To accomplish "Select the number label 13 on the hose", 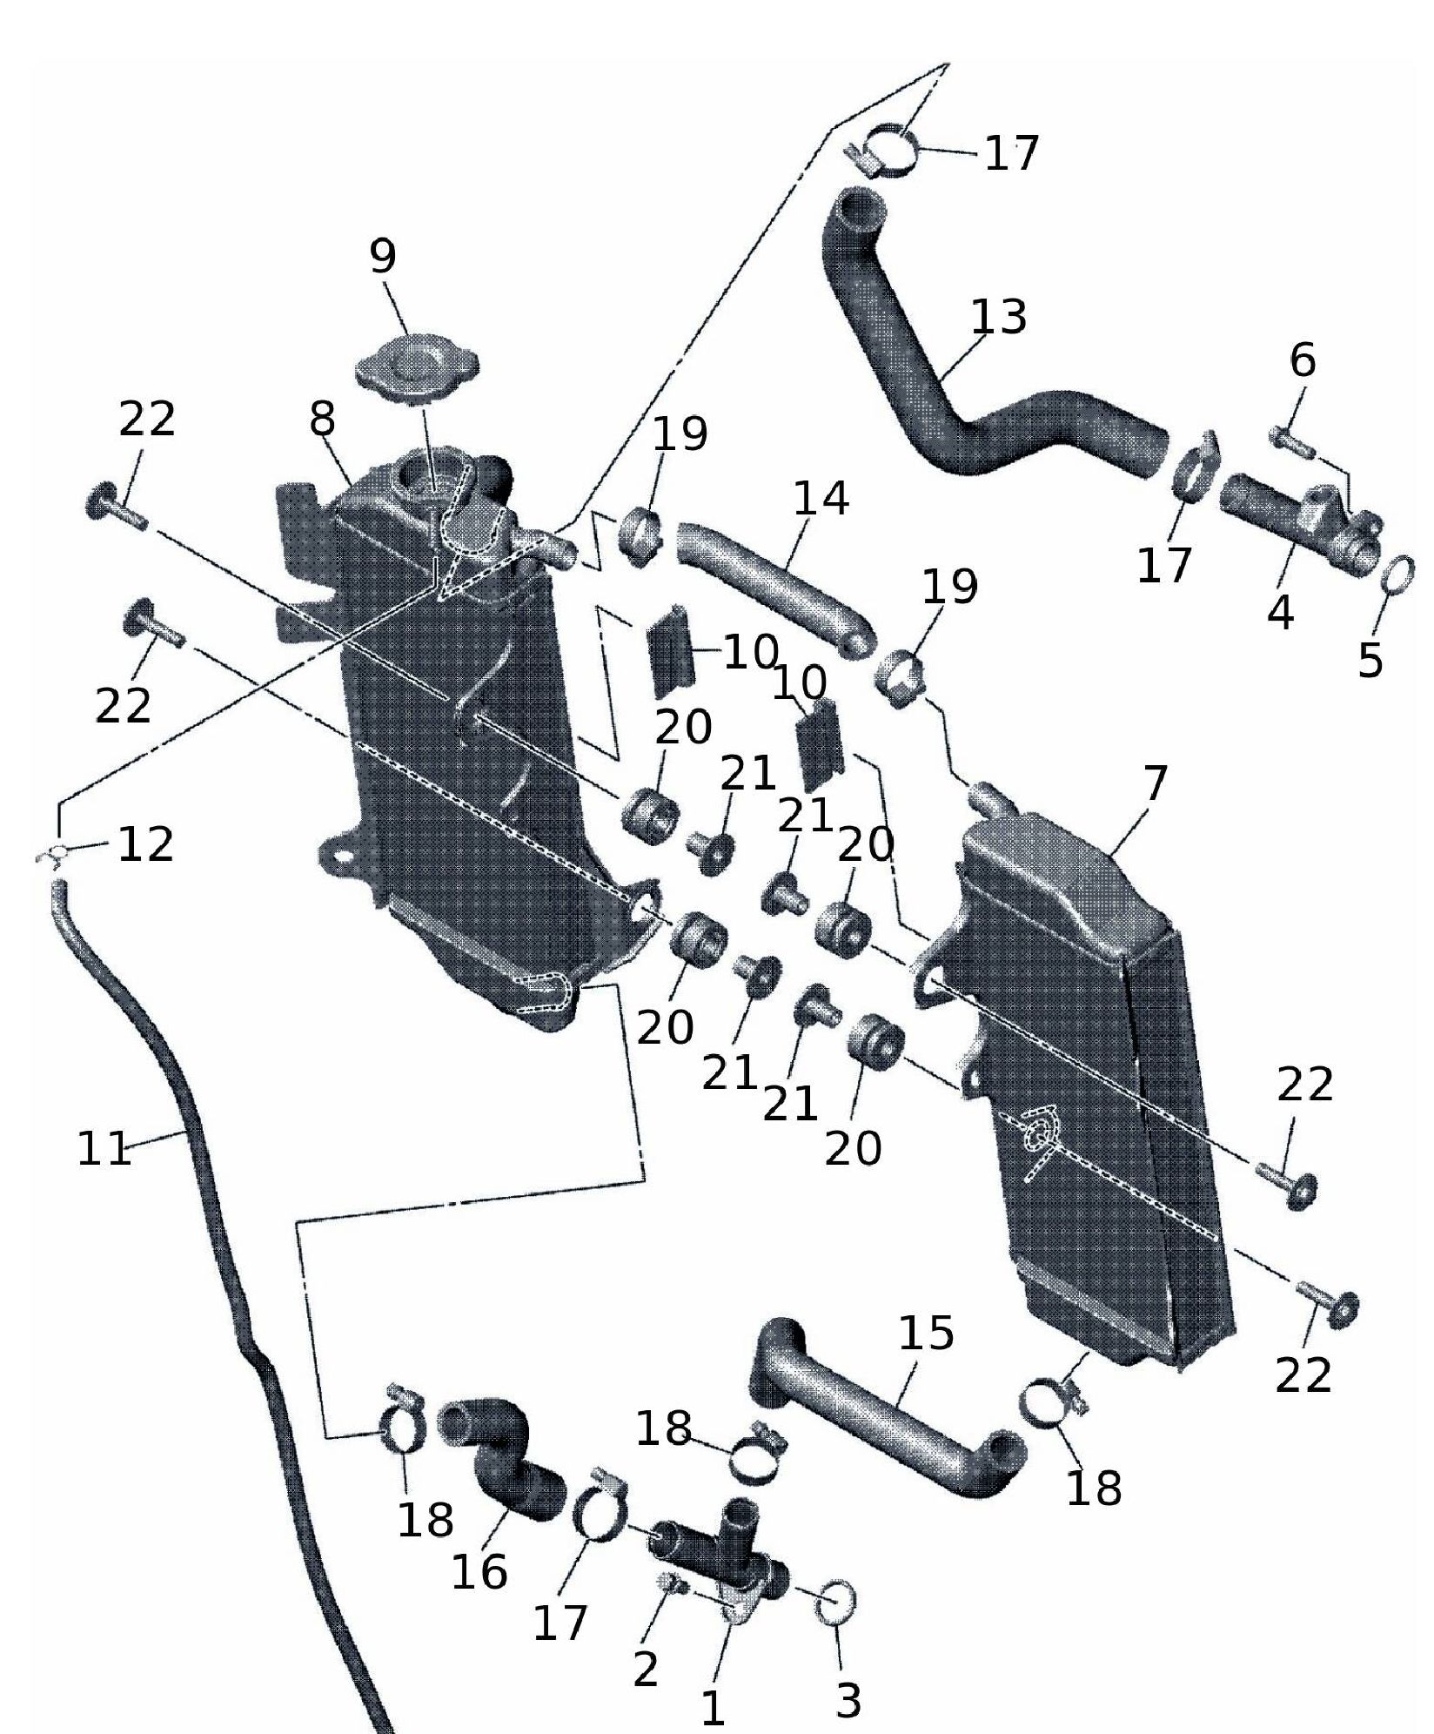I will coord(998,317).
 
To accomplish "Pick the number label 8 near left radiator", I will coord(322,420).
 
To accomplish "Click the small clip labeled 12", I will coord(55,855).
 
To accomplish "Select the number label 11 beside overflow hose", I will coord(104,1149).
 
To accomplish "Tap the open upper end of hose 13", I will coord(862,210).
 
